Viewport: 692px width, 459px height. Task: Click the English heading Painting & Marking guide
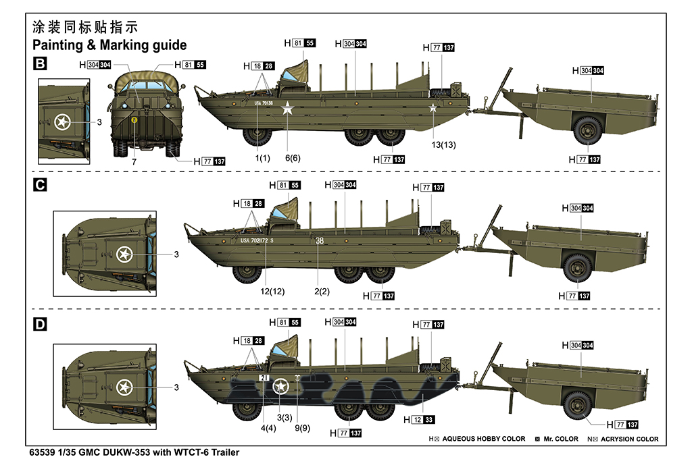(109, 45)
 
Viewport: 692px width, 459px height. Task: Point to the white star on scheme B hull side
(288, 108)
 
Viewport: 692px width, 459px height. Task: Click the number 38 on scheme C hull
(320, 240)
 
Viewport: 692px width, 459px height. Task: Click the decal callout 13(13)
(444, 145)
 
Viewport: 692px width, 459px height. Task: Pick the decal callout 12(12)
(268, 291)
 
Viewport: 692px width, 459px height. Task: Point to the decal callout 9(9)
(303, 427)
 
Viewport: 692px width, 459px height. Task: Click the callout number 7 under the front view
(134, 163)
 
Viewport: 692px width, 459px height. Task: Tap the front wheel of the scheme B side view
(257, 136)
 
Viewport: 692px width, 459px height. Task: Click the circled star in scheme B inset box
(62, 122)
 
